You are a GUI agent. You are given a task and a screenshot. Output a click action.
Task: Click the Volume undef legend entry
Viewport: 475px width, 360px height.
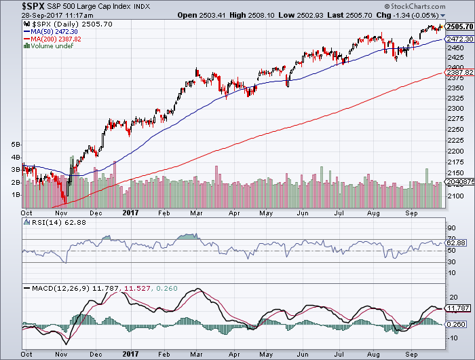(x=50, y=46)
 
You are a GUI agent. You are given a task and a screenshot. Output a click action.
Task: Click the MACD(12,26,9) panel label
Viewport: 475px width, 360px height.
(x=54, y=289)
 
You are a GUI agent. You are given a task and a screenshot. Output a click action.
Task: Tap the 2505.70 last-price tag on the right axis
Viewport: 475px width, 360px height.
(x=459, y=26)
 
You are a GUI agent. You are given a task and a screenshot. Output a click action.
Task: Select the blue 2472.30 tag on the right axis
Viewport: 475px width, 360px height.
(x=459, y=40)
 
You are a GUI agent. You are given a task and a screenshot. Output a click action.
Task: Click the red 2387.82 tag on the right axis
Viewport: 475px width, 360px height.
(x=459, y=73)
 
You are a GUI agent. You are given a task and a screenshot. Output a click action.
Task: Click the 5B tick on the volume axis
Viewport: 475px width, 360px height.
(x=15, y=145)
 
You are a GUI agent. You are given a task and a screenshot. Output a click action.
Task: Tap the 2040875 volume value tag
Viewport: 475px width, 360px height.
(x=459, y=183)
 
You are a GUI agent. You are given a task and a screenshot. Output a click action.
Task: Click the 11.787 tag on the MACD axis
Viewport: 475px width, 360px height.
(x=458, y=308)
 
